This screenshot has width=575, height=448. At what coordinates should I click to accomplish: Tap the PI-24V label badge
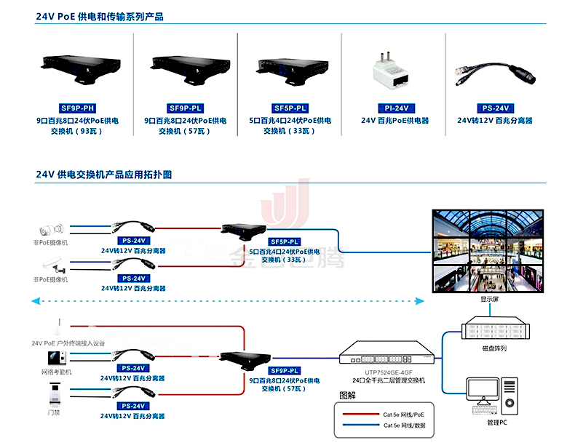click(x=394, y=108)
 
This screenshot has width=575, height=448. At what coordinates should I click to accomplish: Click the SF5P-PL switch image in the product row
click(x=290, y=68)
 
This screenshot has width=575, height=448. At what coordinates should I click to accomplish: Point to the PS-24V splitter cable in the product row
click(x=493, y=71)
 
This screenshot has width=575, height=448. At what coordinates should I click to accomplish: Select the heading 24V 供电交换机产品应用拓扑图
click(x=104, y=175)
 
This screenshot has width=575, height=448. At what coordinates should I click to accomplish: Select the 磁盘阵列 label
click(x=494, y=348)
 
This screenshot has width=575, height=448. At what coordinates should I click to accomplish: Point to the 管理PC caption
click(x=497, y=422)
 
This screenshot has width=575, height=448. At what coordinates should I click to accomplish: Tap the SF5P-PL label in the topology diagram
click(x=285, y=241)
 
